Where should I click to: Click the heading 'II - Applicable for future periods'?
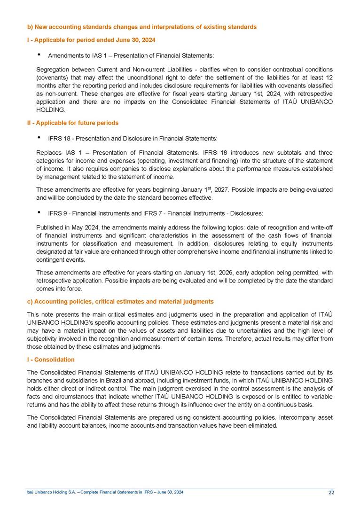pyautogui.click(x=72, y=123)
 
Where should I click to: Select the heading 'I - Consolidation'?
pyautogui.click(x=51, y=360)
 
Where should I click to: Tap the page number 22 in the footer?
pyautogui.click(x=331, y=492)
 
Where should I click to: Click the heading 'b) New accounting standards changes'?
pyautogui.click(x=141, y=27)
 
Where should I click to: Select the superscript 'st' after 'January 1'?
pyautogui.click(x=212, y=188)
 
